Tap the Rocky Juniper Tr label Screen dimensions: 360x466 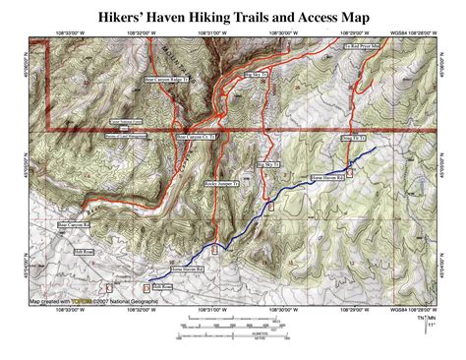click(223, 184)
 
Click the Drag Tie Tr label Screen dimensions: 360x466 click(353, 140)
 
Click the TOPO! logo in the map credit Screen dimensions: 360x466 click(95, 301)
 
